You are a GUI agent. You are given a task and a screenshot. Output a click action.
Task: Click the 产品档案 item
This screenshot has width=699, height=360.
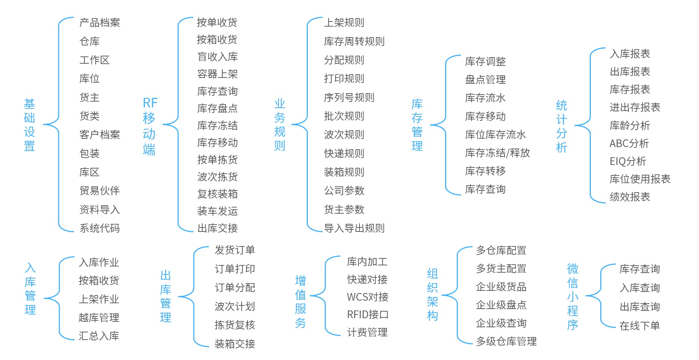pos(99,23)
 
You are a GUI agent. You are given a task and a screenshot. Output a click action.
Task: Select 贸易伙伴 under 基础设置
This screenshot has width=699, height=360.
pos(99,191)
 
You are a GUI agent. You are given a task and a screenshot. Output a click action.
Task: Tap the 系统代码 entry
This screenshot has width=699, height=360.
pos(99,228)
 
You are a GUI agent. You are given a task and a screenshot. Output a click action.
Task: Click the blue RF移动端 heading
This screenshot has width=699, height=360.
pos(149,126)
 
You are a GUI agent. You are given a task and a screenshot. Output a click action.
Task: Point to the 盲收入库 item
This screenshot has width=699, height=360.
pos(217,57)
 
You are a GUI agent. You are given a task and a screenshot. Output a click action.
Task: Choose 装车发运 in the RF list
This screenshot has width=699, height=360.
pos(217,211)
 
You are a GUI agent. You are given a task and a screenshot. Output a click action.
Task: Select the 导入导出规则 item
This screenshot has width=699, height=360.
pos(354,228)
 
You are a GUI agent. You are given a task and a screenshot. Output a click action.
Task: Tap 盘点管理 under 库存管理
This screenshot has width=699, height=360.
pos(485,80)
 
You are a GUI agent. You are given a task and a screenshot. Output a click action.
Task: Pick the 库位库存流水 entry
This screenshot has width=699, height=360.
pos(495,135)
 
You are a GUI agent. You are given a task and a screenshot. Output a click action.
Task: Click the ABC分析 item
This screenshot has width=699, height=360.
pos(629,143)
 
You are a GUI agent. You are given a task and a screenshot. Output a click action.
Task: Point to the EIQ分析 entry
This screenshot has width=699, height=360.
pos(628,161)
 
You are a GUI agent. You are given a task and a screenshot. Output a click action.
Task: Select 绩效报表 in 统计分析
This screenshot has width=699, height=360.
pos(630,197)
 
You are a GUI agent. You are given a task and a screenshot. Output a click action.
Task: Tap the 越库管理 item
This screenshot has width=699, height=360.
pos(99,318)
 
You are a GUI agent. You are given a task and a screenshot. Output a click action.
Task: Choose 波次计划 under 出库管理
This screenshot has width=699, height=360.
pos(235,306)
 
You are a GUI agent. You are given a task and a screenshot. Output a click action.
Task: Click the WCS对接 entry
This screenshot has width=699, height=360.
pos(368,297)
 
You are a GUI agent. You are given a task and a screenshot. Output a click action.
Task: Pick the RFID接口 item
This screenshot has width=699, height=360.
pos(368,314)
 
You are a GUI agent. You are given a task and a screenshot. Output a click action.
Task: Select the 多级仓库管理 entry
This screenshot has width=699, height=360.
pos(506,341)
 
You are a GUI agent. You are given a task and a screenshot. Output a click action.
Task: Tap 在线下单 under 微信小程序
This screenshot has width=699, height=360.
pos(640,326)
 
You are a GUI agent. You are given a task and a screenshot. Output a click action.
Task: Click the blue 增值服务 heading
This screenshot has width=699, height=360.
pos(301,302)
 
